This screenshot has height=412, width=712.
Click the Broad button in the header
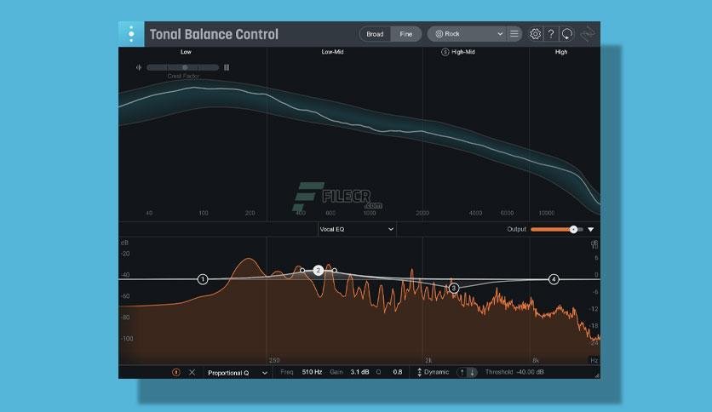click(375, 34)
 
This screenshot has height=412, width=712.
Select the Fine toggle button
click(405, 34)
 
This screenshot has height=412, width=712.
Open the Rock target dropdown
click(469, 34)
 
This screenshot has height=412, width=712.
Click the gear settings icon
click(535, 34)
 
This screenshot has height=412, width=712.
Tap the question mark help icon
click(551, 34)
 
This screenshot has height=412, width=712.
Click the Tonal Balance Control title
click(214, 35)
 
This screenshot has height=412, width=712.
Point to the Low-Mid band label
click(332, 52)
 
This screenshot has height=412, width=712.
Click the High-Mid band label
click(463, 52)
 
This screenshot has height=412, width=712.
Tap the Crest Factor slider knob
click(185, 67)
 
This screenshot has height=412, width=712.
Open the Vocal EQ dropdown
click(356, 229)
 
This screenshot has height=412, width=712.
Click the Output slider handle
click(573, 229)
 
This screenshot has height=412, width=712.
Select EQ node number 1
click(203, 279)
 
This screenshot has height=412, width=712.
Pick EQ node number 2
click(318, 270)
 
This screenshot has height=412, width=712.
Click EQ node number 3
click(454, 289)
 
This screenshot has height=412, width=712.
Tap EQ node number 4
click(554, 279)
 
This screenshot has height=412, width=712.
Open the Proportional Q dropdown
click(237, 372)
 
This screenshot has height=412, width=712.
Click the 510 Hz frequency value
click(312, 372)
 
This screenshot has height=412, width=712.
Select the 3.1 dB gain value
click(359, 372)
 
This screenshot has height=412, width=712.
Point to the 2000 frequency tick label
click(422, 213)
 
